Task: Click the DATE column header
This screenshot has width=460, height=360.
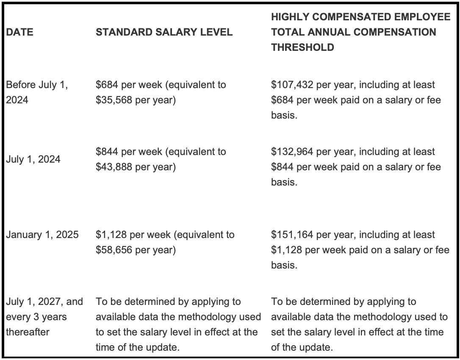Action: (x=19, y=32)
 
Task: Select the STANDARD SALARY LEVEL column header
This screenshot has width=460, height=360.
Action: (x=164, y=32)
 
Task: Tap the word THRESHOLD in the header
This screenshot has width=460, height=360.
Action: (x=302, y=47)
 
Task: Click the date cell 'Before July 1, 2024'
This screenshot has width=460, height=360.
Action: (x=37, y=92)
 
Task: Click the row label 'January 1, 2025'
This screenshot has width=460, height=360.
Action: (x=42, y=235)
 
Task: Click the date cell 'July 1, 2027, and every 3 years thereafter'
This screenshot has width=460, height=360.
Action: (x=44, y=317)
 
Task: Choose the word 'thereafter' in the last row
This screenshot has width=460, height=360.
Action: (x=27, y=332)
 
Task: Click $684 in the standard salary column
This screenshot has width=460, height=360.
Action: (x=107, y=85)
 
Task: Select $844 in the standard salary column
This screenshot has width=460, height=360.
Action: (x=107, y=152)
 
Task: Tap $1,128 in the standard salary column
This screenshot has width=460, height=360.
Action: (x=111, y=235)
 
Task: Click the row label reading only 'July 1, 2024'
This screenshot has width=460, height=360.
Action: (x=33, y=159)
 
